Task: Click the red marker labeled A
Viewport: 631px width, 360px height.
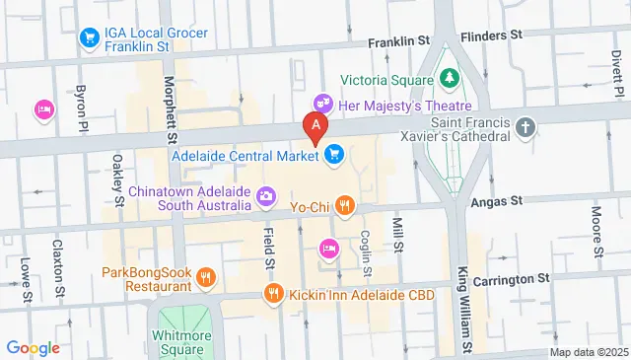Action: point(315,126)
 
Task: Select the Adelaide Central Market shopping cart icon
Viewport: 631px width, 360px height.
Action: point(334,154)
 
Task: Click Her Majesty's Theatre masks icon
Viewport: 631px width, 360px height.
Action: point(321,103)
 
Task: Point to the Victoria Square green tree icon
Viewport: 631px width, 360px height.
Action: point(450,76)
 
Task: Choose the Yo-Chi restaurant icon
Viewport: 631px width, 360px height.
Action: point(343,206)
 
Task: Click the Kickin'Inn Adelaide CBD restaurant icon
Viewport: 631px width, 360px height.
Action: point(273,293)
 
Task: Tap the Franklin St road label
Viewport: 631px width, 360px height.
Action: point(401,42)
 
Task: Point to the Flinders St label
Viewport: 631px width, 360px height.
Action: point(489,36)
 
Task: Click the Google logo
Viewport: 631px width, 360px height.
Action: point(33,347)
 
